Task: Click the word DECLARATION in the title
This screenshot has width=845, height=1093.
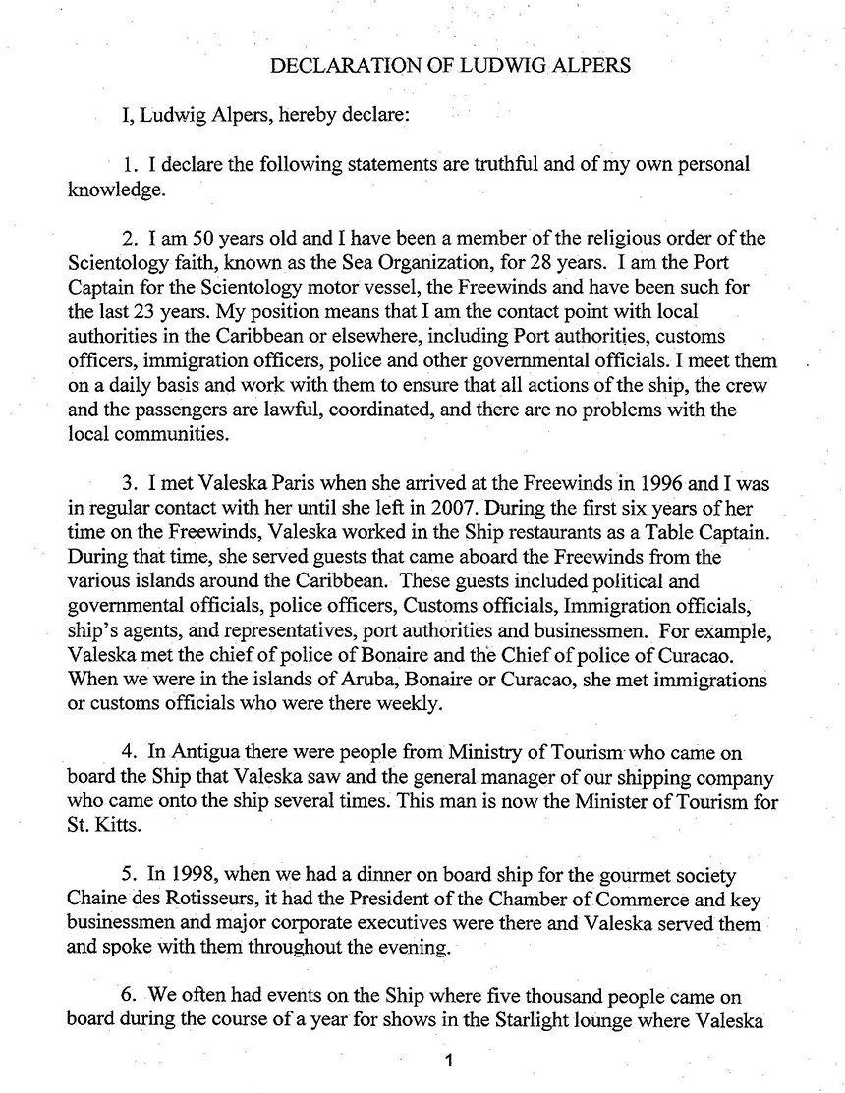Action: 334,67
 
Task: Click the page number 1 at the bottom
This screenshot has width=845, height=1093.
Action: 449,1062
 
